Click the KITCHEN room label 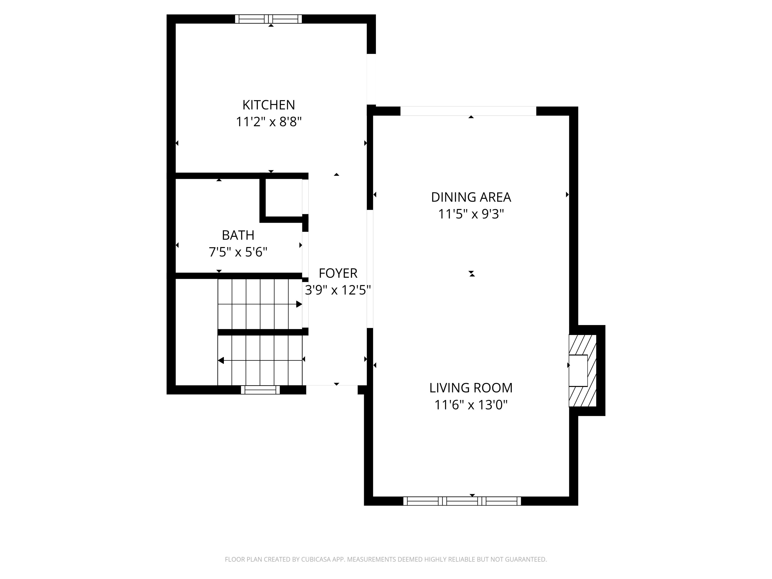tap(268, 105)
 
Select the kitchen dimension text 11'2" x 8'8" tap(268, 122)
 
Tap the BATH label tap(238, 235)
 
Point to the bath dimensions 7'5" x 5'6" tap(238, 252)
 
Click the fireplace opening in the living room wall tap(578, 371)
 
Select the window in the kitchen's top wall tap(268, 19)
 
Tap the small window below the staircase tap(260, 390)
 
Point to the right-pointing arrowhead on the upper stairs tap(299, 304)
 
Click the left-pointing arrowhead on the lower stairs tap(221, 360)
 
